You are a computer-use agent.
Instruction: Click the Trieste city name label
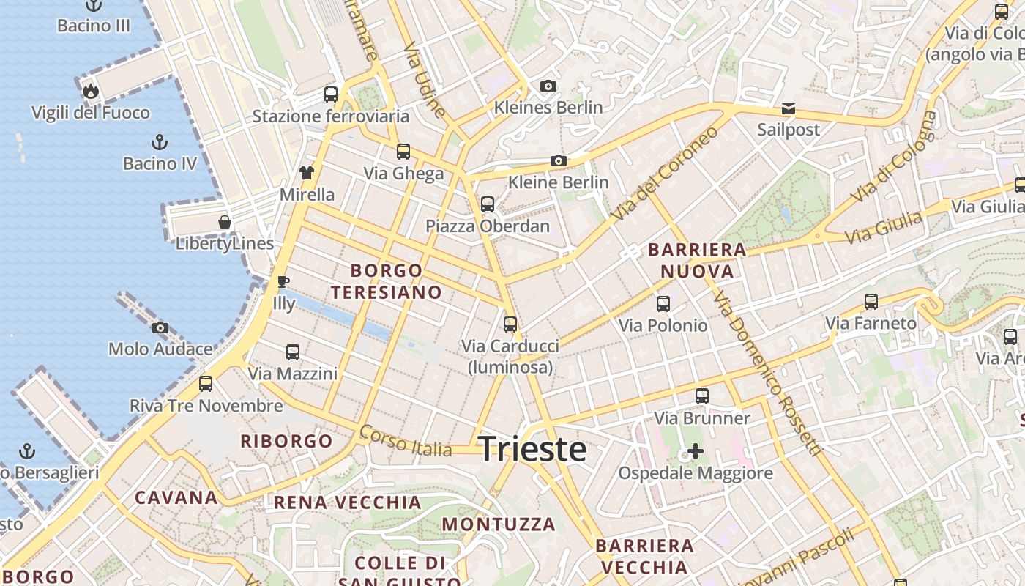click(x=532, y=449)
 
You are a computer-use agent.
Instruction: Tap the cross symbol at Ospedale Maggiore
click(x=695, y=451)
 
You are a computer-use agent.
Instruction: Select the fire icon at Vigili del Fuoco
click(x=91, y=91)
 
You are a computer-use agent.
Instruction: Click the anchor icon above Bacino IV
click(x=160, y=141)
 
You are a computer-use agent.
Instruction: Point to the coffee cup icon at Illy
click(x=283, y=281)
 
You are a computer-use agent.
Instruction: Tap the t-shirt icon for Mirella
click(x=307, y=173)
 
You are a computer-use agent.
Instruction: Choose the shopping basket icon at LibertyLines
click(x=225, y=221)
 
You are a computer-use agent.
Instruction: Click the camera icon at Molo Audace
click(x=160, y=327)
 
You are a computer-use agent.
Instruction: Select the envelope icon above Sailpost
click(x=789, y=108)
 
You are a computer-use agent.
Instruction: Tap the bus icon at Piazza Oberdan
click(x=488, y=204)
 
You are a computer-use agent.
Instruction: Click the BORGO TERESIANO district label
click(x=386, y=282)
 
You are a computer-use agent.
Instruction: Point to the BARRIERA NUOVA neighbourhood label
click(x=697, y=261)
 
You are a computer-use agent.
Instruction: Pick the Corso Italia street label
click(x=406, y=442)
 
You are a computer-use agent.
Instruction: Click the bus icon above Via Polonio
click(x=663, y=303)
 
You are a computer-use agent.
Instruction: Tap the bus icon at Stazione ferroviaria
click(x=331, y=94)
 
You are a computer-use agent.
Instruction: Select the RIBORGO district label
click(x=287, y=441)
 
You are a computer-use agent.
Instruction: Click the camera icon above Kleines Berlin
click(x=548, y=86)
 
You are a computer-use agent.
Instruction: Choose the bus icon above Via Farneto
click(x=871, y=301)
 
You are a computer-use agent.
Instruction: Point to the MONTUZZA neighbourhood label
click(x=499, y=524)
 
